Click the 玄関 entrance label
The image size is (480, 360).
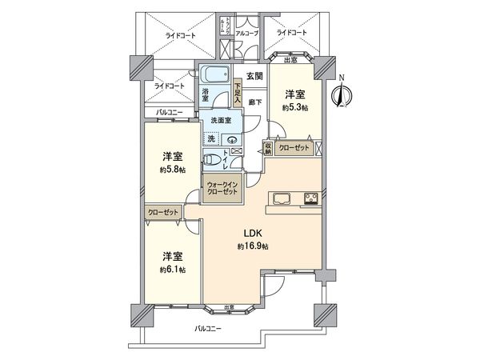click(x=254, y=76)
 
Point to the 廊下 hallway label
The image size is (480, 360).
click(x=255, y=102)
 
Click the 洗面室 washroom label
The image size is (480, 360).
click(x=221, y=121)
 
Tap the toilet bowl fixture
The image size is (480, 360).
click(x=212, y=158)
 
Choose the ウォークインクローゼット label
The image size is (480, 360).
click(x=219, y=189)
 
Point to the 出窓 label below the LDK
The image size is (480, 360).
click(x=230, y=306)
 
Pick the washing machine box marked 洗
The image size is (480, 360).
click(x=211, y=138)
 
